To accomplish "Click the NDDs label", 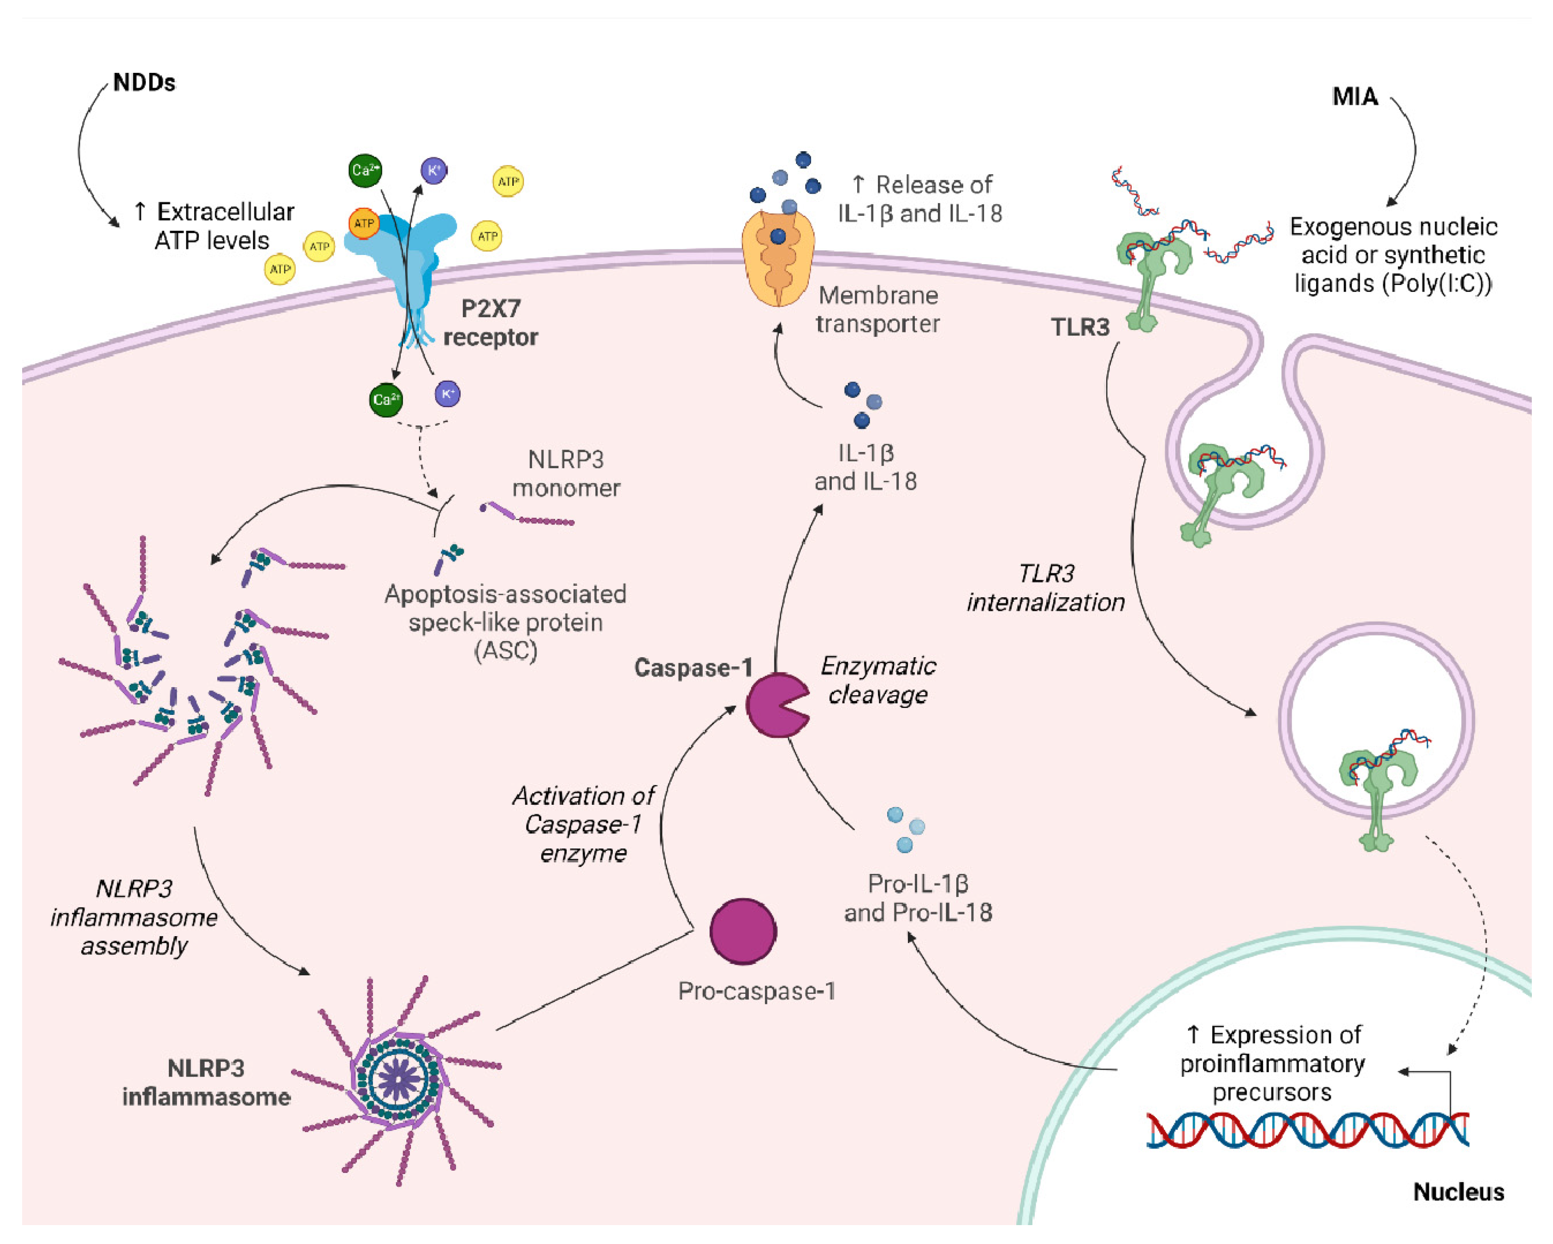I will tap(144, 83).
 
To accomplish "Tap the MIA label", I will tap(1354, 96).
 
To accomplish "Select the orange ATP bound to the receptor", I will tap(364, 223).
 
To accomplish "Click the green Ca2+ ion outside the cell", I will tap(364, 171).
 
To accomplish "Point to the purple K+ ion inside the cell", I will tap(447, 394).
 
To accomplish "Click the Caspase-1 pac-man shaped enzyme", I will tap(774, 706).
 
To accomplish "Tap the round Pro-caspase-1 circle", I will tap(743, 931).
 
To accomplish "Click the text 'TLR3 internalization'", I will tap(1045, 588).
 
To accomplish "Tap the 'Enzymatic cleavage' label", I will tap(878, 680).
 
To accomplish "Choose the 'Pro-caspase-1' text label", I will tap(756, 991).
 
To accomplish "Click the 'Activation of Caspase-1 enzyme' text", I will tap(583, 824).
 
